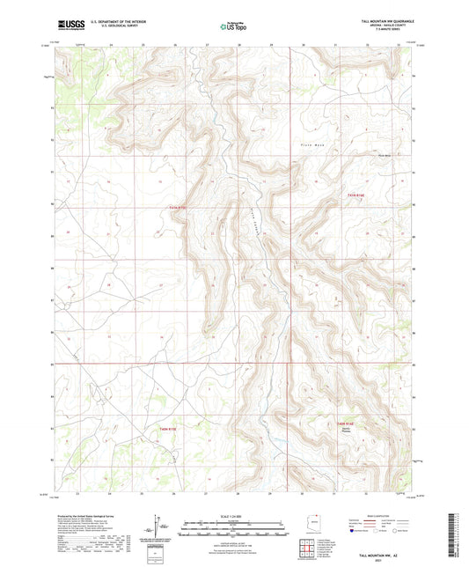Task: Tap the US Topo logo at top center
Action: (x=233, y=26)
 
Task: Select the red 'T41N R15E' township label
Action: (x=179, y=208)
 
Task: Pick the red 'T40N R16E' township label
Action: (x=350, y=423)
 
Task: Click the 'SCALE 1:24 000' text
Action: (x=233, y=515)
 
